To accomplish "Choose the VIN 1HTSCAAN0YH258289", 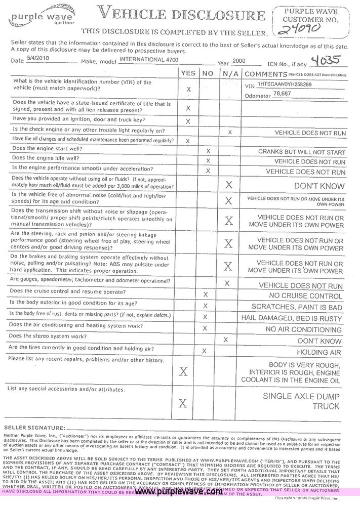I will (285, 85).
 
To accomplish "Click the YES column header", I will (188, 73).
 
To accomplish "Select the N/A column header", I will (228, 73).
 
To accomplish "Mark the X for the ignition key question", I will (188, 121).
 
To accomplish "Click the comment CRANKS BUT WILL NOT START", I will (302, 152).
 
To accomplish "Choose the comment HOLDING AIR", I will (318, 352).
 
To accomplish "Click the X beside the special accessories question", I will (183, 403).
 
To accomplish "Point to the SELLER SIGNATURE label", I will (34, 428).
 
